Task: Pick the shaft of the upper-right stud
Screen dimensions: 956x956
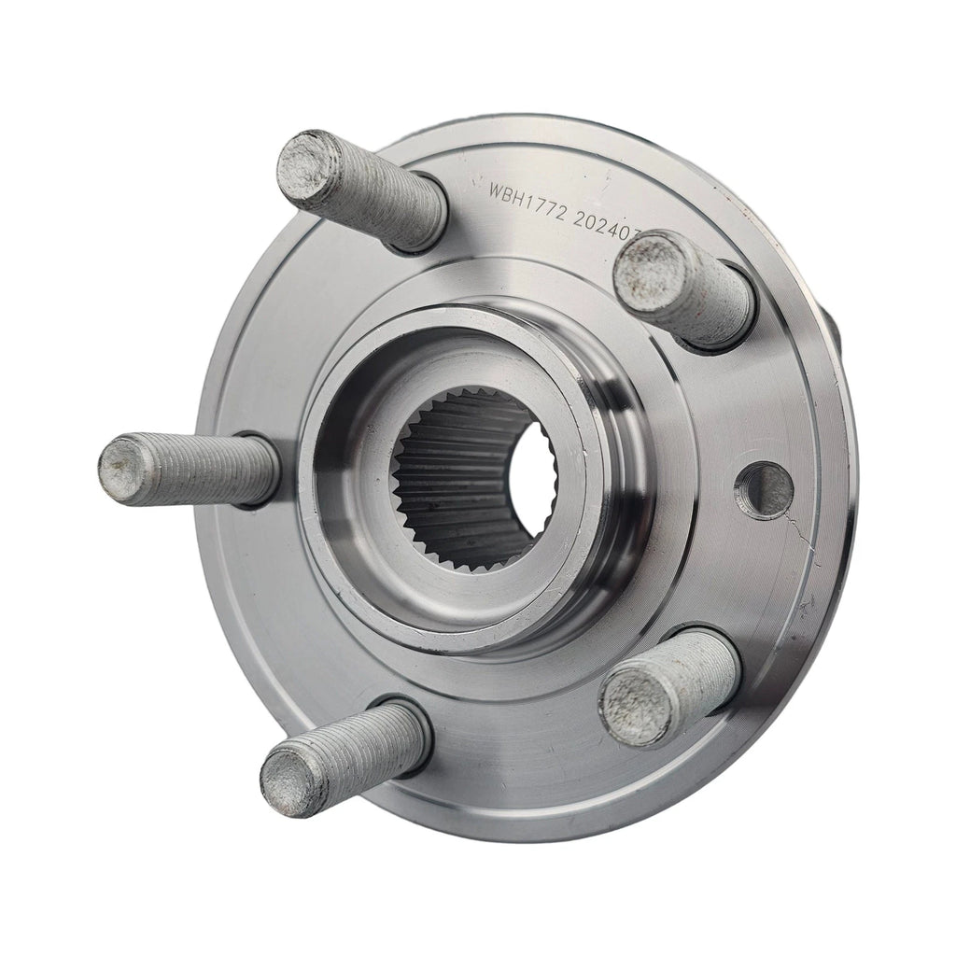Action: click(714, 295)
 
